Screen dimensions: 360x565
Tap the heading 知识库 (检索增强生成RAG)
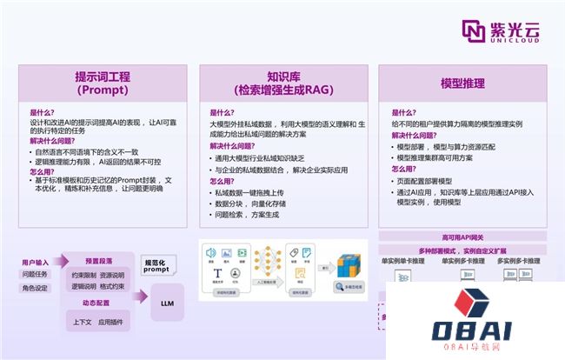(x=283, y=83)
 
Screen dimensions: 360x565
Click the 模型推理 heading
(x=462, y=83)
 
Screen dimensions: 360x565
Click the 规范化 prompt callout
(x=156, y=265)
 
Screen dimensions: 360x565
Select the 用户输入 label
(x=36, y=261)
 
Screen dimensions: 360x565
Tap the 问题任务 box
(x=36, y=275)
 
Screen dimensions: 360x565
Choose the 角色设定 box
(x=36, y=289)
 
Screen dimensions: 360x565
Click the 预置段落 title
(x=98, y=261)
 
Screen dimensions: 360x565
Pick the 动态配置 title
(x=98, y=303)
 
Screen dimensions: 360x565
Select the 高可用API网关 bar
(x=462, y=237)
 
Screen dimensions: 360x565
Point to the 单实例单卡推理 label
(x=403, y=260)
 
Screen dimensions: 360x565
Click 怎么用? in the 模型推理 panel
(x=402, y=169)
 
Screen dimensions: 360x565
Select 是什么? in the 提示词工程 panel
(x=41, y=112)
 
